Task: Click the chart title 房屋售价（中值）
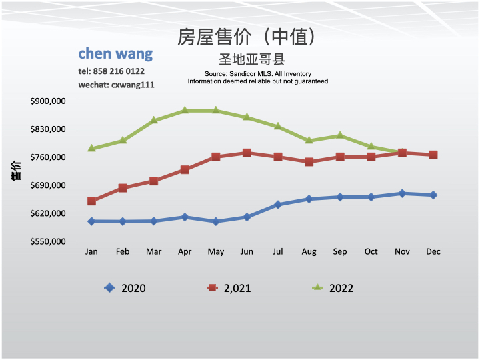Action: tap(246, 37)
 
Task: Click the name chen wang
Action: tap(115, 53)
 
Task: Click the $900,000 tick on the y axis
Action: tap(48, 101)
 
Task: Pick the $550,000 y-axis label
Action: tap(48, 241)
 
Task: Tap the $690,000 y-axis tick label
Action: tap(48, 185)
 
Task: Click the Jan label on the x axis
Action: tap(91, 252)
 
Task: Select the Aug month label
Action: tap(309, 252)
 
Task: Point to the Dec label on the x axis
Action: tap(433, 252)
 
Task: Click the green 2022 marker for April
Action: tap(185, 110)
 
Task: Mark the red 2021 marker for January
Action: tap(91, 201)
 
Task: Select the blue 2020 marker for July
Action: tap(278, 205)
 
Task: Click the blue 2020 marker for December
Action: tap(433, 195)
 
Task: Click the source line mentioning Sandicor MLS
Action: tap(257, 73)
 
